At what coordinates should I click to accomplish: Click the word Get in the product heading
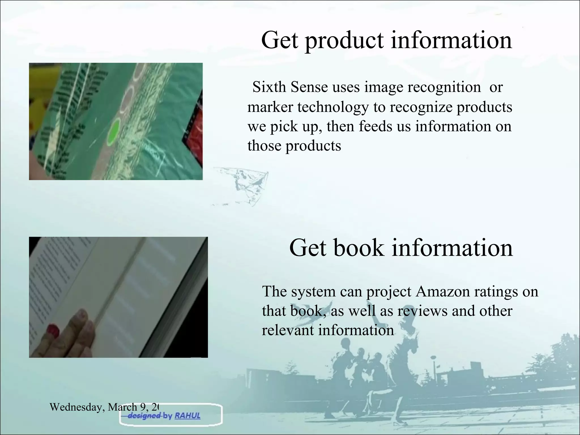click(x=280, y=40)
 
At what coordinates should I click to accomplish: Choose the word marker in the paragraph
click(x=270, y=107)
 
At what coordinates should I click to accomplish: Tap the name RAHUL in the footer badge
click(x=187, y=416)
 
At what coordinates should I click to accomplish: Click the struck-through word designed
click(x=144, y=416)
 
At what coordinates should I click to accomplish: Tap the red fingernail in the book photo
click(x=53, y=330)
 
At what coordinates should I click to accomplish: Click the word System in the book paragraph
click(x=313, y=291)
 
